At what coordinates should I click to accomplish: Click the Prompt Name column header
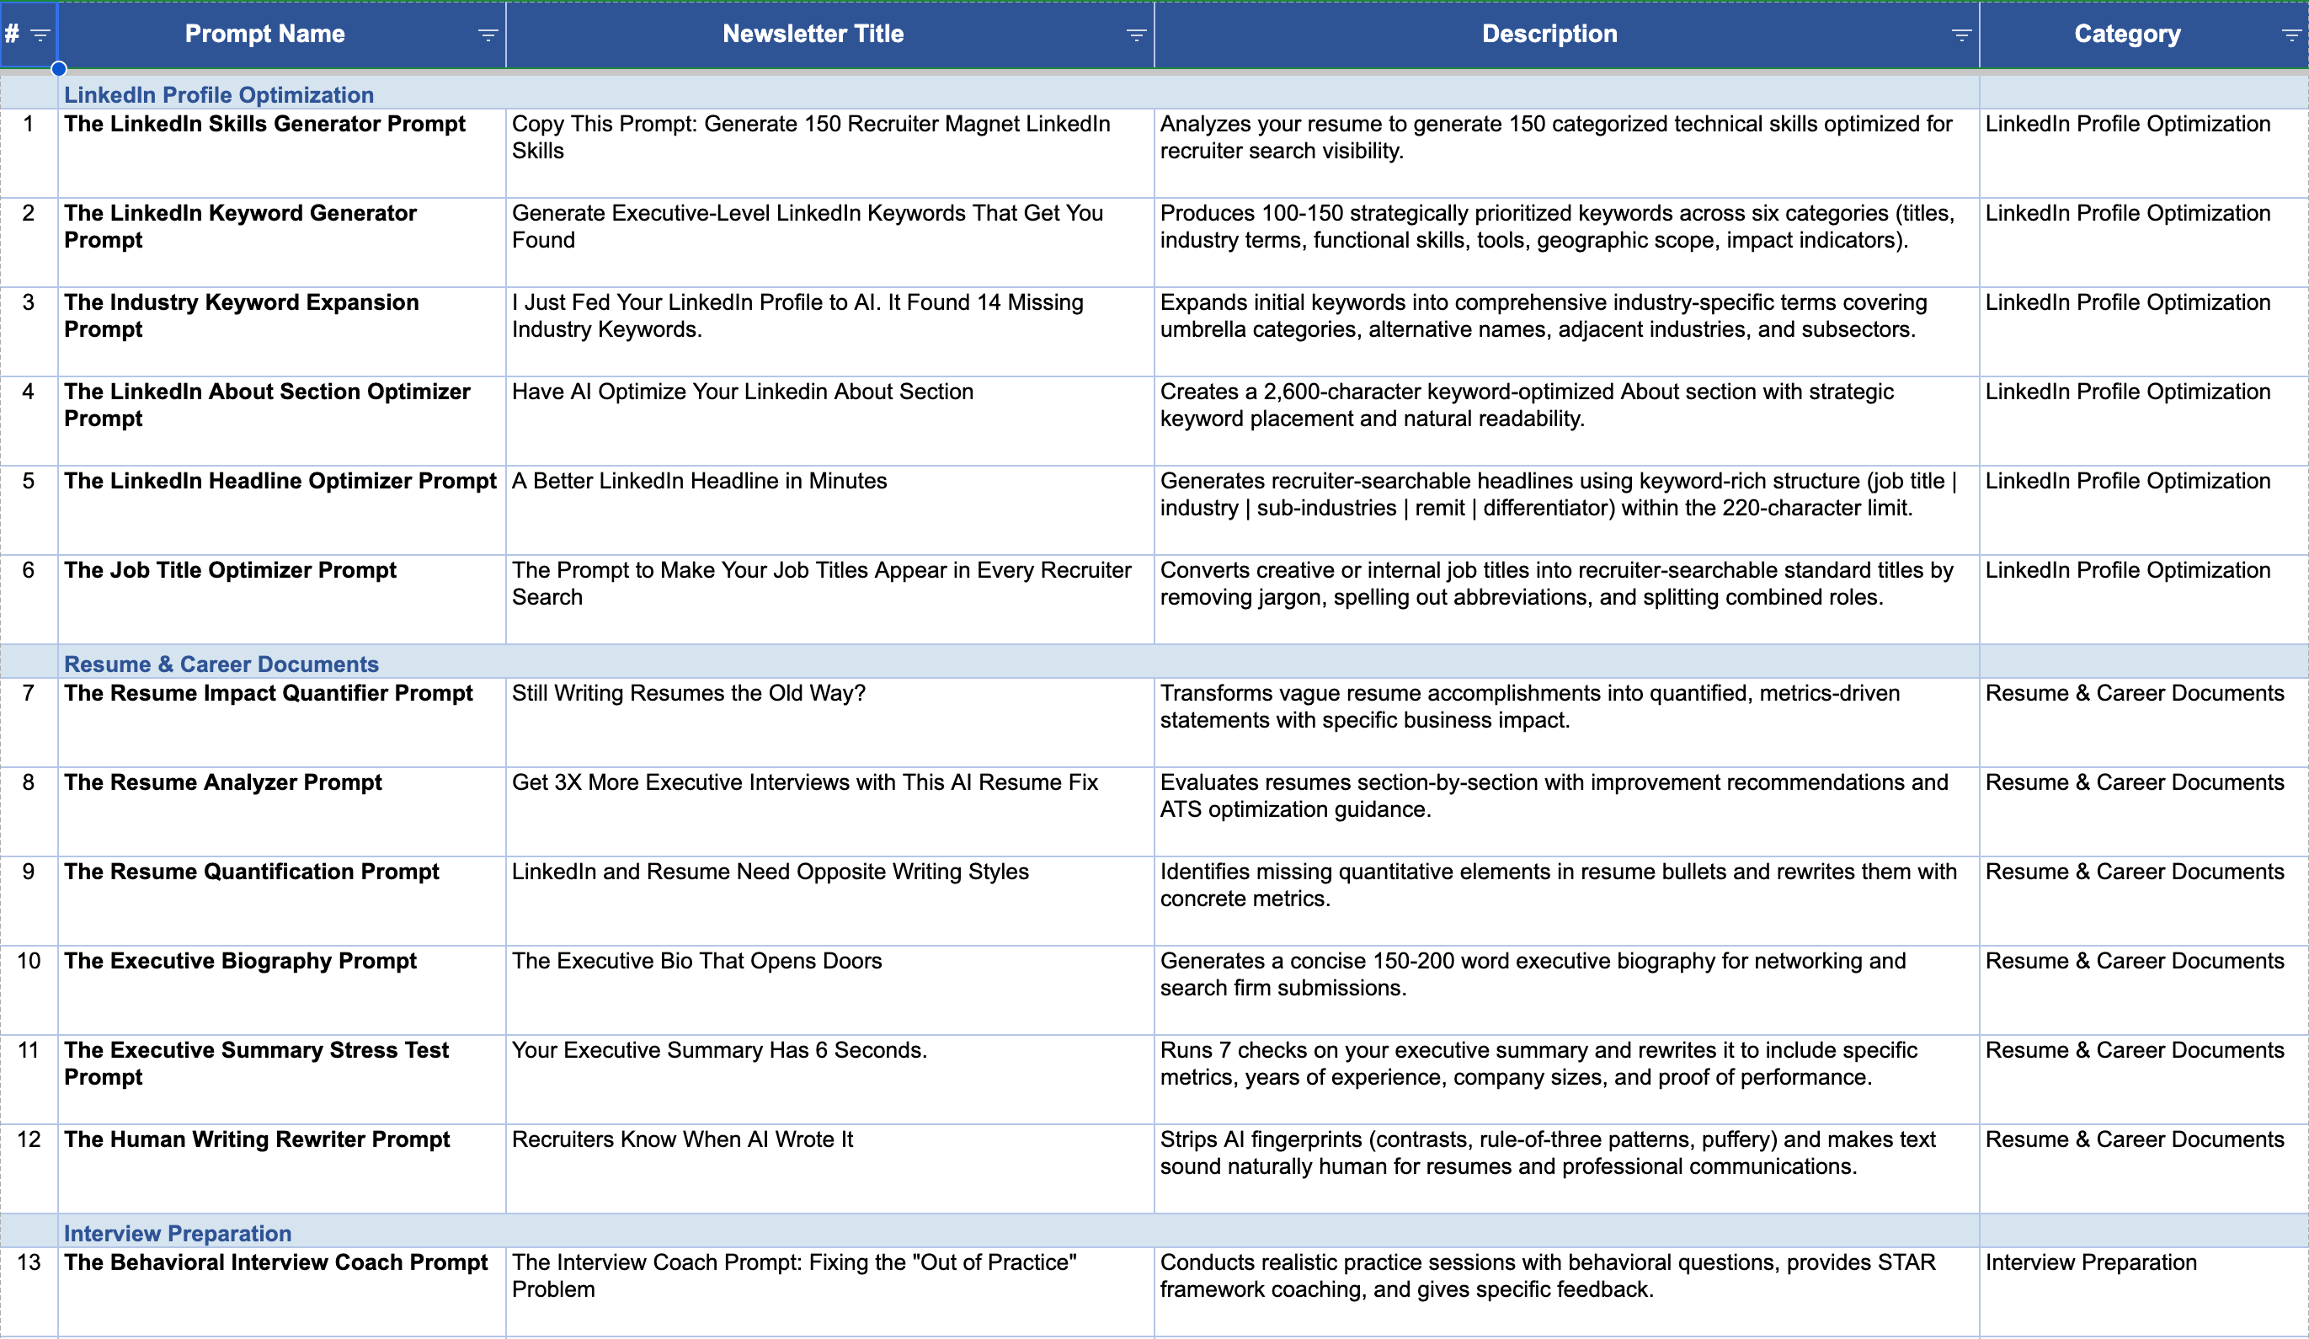[x=264, y=34]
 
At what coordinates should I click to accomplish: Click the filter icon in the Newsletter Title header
[x=1135, y=35]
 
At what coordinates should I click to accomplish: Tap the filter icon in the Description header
[x=1961, y=35]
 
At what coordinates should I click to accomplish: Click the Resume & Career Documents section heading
[x=221, y=664]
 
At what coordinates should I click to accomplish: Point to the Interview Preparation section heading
[x=178, y=1233]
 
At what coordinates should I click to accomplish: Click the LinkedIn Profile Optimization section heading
[x=219, y=94]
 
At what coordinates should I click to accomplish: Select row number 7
[x=29, y=693]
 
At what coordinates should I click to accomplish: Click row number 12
[x=29, y=1139]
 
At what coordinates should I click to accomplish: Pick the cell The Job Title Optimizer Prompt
[x=230, y=570]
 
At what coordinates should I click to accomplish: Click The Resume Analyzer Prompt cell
[x=222, y=782]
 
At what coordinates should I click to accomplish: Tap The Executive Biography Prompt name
[x=240, y=961]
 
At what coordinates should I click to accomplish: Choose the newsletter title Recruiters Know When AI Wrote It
[x=682, y=1139]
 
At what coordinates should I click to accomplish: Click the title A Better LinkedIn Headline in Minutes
[x=699, y=481]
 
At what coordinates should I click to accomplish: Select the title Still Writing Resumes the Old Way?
[x=688, y=693]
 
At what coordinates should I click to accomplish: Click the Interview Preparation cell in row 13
[x=2090, y=1262]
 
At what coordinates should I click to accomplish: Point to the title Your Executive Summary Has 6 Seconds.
[x=719, y=1050]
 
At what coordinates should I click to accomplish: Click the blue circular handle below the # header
[x=59, y=69]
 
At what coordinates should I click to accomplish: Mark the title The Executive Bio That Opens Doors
[x=696, y=961]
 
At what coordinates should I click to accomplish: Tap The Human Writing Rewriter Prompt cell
[x=257, y=1139]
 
